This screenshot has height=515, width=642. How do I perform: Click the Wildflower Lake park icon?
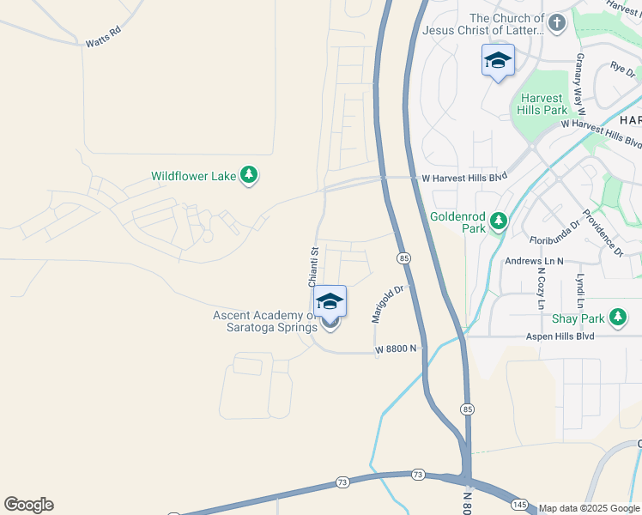click(x=249, y=176)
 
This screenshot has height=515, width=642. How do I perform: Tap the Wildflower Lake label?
click(x=193, y=177)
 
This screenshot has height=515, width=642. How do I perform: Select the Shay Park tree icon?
click(x=618, y=318)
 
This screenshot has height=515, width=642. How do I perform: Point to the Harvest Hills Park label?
click(x=542, y=104)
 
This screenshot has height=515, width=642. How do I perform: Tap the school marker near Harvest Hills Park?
click(x=498, y=61)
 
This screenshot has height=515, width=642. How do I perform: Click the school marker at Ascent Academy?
click(x=330, y=302)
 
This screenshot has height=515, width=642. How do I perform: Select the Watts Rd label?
click(x=102, y=40)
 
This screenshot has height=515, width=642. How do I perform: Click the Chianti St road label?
click(x=314, y=266)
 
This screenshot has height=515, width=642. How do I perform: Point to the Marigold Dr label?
click(x=387, y=304)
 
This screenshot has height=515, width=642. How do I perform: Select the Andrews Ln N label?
click(x=534, y=261)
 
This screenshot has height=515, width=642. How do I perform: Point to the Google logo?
click(x=28, y=505)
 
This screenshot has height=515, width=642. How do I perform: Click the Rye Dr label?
click(x=621, y=66)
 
